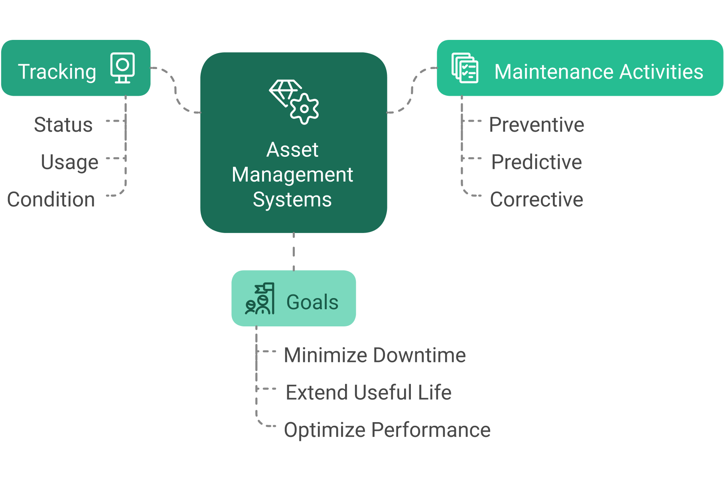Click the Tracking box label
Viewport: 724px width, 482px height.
57,72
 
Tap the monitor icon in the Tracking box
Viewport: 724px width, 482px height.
122,68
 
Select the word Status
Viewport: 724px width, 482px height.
63,125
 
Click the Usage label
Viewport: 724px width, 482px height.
69,162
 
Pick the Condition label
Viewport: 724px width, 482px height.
51,199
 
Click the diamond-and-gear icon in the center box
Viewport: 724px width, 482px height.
294,102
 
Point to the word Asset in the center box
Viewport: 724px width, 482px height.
292,150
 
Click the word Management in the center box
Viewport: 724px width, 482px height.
292,175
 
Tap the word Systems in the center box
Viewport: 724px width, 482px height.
292,200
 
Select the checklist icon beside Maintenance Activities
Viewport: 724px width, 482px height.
465,68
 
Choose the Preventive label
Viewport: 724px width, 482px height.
537,125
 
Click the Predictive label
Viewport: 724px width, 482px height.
537,162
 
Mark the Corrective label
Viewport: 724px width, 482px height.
537,199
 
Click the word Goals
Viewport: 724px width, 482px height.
312,302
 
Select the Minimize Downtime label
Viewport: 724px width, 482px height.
375,355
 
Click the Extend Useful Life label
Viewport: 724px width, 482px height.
369,392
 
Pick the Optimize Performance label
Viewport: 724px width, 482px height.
387,430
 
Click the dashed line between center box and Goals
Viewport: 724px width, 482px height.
294,251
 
